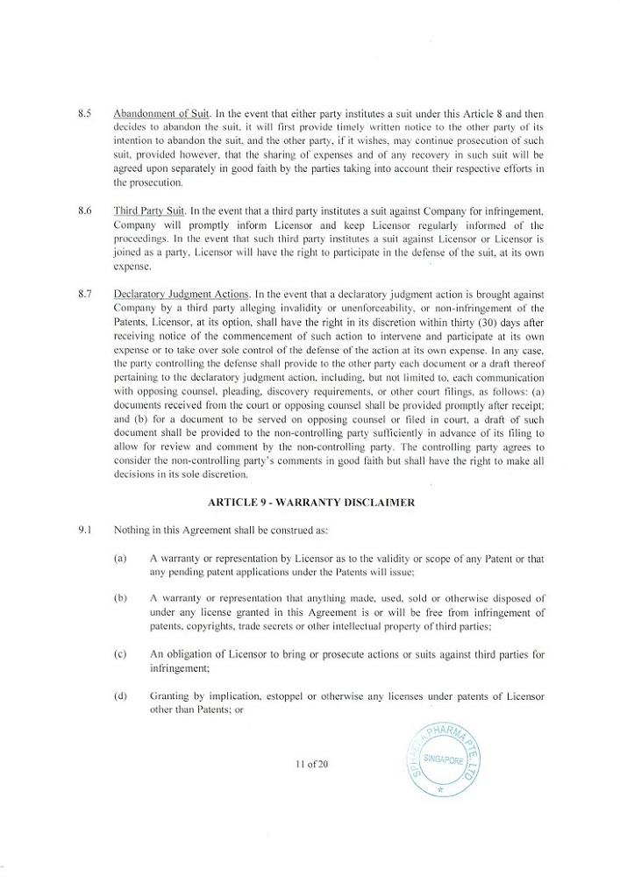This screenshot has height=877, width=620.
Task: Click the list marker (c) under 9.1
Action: pyautogui.click(x=120, y=652)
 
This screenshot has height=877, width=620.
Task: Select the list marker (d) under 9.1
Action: pyautogui.click(x=120, y=695)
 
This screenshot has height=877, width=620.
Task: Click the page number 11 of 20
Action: pyautogui.click(x=311, y=765)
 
